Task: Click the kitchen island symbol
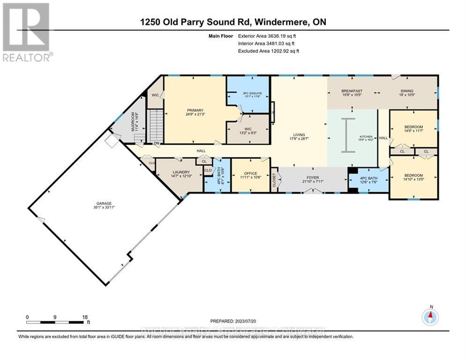(x=346, y=135)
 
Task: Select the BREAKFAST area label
(x=352, y=91)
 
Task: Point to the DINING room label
(x=406, y=91)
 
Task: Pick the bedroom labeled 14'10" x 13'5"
(x=414, y=179)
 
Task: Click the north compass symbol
(x=430, y=317)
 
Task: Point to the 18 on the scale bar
(x=85, y=317)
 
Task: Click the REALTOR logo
(x=26, y=32)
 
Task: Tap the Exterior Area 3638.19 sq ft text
(x=268, y=36)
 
